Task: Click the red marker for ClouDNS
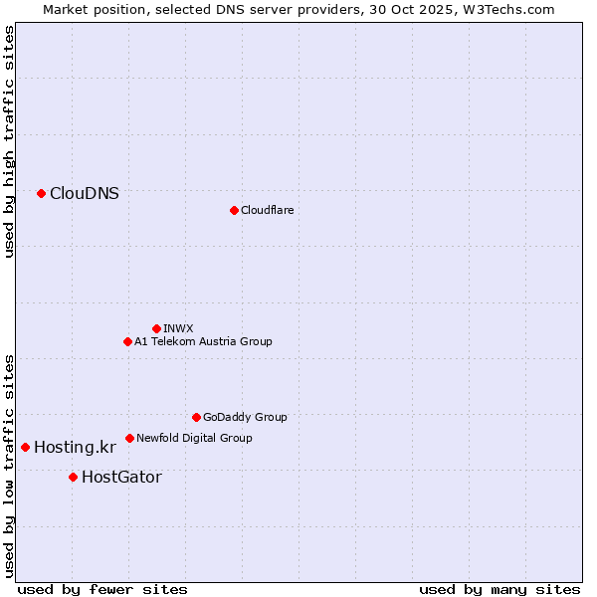[41, 193]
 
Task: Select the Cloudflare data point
[234, 210]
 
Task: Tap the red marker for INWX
[156, 328]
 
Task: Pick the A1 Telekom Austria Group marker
[127, 341]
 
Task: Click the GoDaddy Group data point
[196, 417]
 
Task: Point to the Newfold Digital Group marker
[129, 438]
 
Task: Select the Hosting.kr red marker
[25, 447]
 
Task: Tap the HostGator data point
[73, 477]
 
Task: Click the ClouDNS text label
[85, 194]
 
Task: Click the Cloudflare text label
[268, 210]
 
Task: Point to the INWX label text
[179, 328]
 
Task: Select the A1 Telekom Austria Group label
[204, 341]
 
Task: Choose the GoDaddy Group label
[245, 417]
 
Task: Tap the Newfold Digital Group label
[195, 438]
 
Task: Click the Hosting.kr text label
[75, 448]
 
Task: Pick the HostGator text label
[121, 478]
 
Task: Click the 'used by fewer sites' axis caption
[102, 589]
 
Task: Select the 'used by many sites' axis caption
[499, 589]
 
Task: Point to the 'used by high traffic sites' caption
[9, 141]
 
